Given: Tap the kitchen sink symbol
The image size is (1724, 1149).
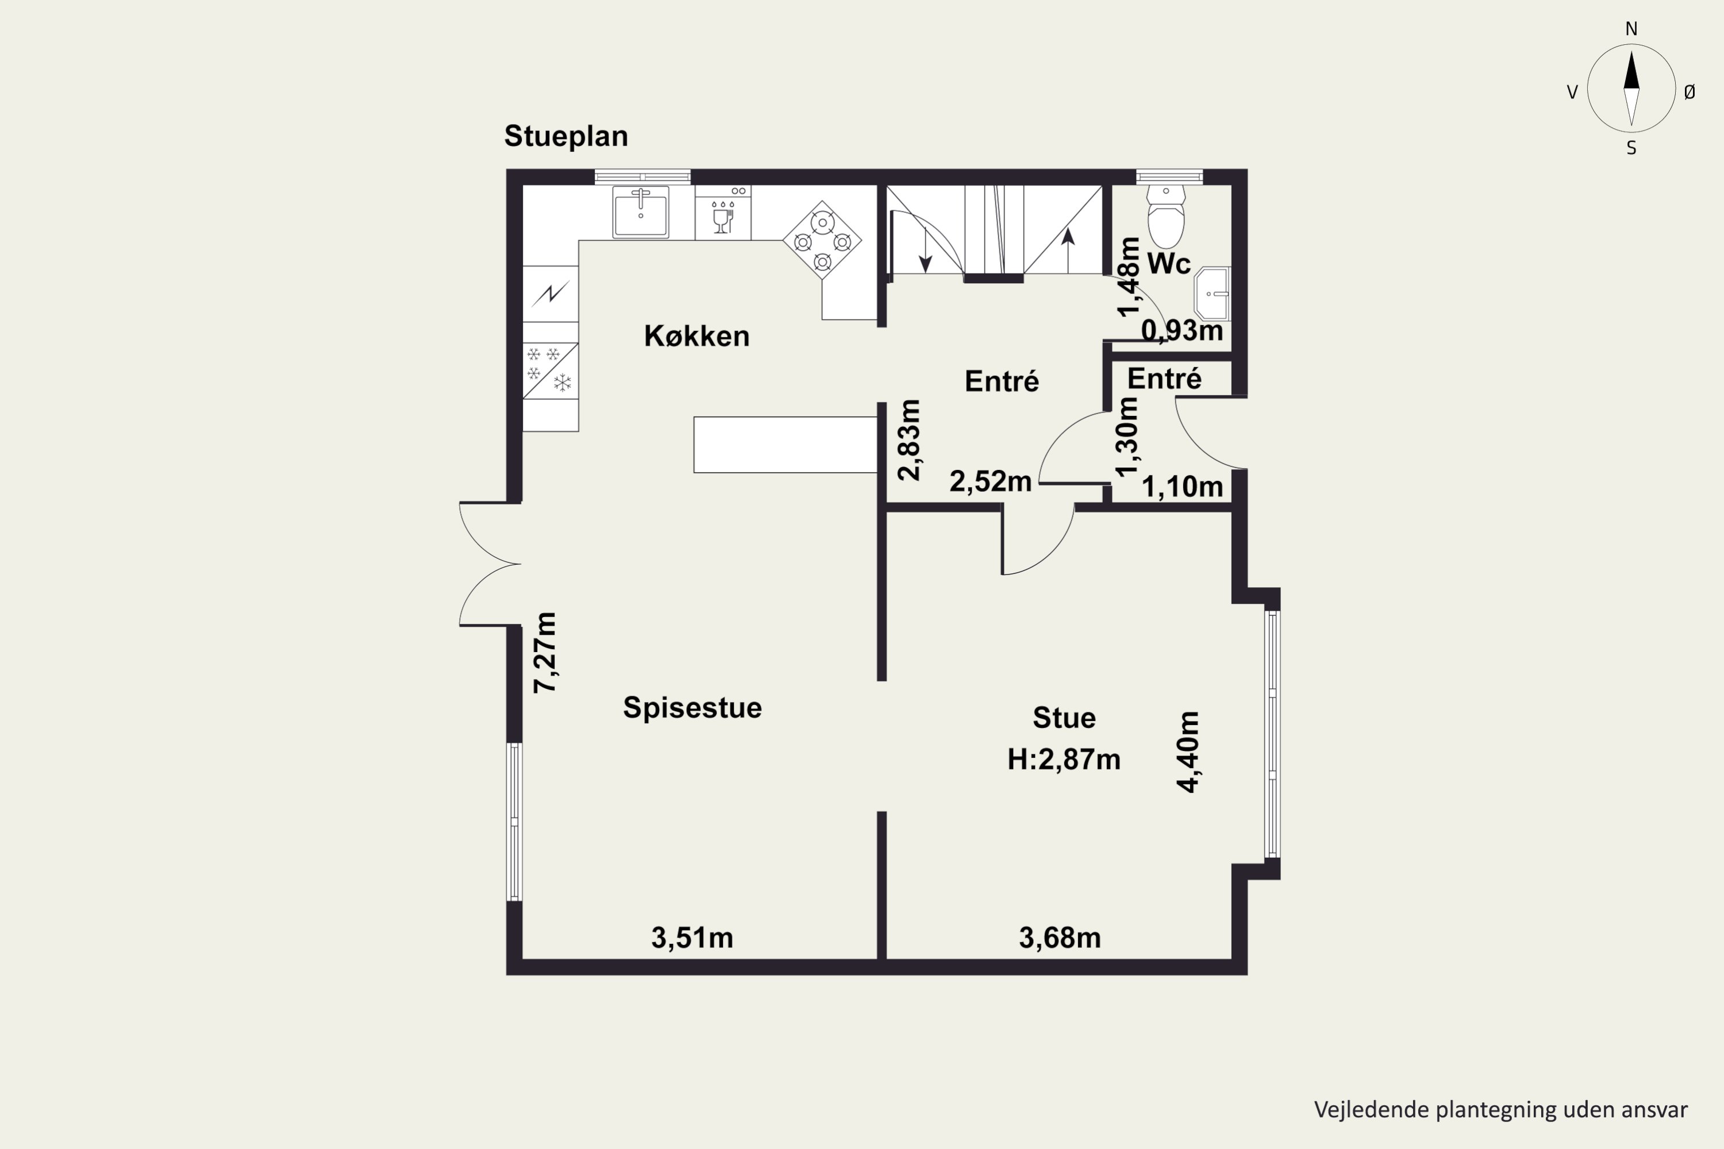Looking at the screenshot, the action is pyautogui.click(x=641, y=212).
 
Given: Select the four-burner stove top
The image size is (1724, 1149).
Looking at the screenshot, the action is pyautogui.click(x=822, y=240).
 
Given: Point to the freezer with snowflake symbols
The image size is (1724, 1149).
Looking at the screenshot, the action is pyautogui.click(x=551, y=371).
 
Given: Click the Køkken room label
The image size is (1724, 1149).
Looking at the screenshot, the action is pyautogui.click(x=696, y=336).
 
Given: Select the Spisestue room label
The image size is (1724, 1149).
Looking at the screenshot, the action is pyautogui.click(x=692, y=708).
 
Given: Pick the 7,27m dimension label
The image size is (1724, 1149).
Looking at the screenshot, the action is pyautogui.click(x=545, y=653).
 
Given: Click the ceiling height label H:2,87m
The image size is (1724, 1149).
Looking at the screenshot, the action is pyautogui.click(x=1064, y=759).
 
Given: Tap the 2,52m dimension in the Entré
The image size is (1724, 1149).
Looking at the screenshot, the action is pyautogui.click(x=990, y=481).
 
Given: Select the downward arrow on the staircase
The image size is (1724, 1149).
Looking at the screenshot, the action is pyautogui.click(x=925, y=250).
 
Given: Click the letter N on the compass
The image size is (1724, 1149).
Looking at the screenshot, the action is pyautogui.click(x=1631, y=29).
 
